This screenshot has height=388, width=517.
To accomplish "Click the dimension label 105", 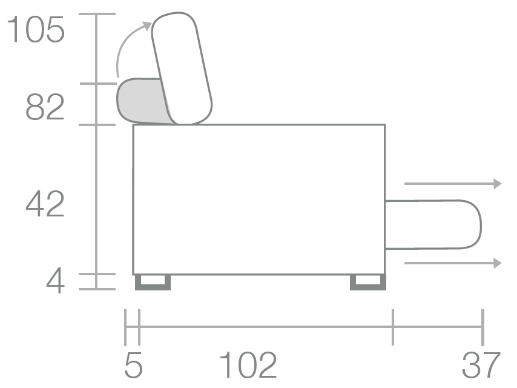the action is coord(36,30).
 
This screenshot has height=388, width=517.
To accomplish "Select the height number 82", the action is coord(45,107).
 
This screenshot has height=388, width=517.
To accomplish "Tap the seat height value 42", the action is coord(45,204).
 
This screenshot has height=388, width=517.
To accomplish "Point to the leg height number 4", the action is coord(55,281).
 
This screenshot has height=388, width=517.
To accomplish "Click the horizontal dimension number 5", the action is coord(134,365).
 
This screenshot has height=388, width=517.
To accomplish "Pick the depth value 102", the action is coord(248,365).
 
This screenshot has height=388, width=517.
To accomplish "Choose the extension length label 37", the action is coord(481,365).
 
